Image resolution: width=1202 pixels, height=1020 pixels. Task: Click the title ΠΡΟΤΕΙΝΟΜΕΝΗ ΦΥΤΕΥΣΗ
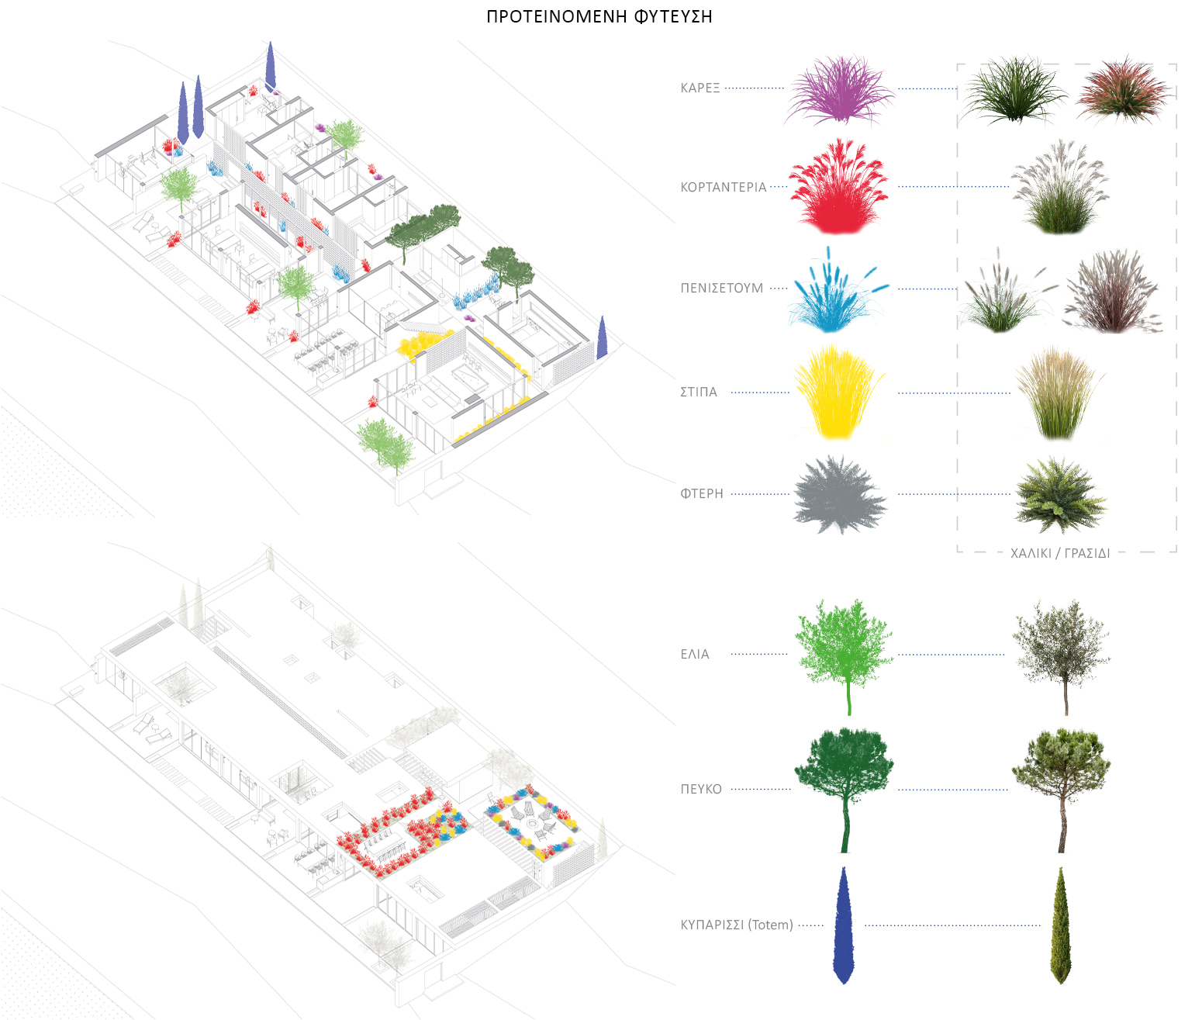coord(599,16)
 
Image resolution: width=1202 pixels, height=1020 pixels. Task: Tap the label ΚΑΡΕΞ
coord(699,88)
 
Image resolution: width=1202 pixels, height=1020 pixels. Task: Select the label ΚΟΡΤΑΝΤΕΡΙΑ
coord(723,187)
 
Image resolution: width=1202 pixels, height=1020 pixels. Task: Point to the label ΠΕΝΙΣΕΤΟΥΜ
coord(721,288)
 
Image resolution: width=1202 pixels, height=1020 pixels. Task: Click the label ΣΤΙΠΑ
coord(698,392)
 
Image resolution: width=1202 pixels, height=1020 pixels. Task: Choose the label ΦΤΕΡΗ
coord(701,493)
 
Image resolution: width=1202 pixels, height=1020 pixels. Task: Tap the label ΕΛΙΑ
coord(694,654)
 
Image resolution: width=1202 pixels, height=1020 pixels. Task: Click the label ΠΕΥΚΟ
coord(700,789)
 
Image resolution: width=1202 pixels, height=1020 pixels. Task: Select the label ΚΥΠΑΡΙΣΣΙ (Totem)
coord(736,925)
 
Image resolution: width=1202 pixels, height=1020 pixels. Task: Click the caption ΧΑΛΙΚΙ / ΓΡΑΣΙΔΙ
coord(1059,553)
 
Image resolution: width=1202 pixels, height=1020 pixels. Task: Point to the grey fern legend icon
coord(839,495)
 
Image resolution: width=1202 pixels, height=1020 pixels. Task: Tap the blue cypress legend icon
coord(844,925)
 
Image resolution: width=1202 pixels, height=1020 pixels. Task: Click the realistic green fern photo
coord(1060,495)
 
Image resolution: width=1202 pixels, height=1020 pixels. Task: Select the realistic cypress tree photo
coord(1060,925)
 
